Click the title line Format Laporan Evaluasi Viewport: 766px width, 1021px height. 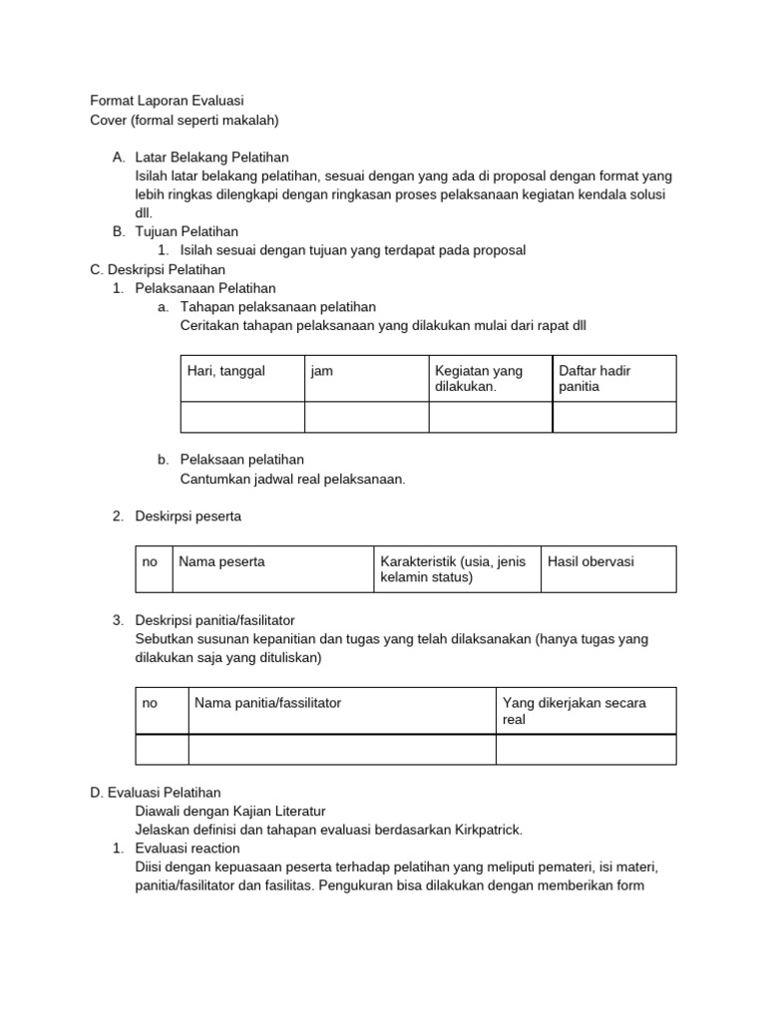pyautogui.click(x=167, y=101)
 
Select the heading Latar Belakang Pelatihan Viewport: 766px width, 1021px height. pyautogui.click(x=211, y=158)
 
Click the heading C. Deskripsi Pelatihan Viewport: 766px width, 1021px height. pyautogui.click(x=158, y=269)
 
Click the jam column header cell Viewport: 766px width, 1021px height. pyautogui.click(x=366, y=378)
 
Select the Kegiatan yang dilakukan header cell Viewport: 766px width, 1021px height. pyautogui.click(x=490, y=378)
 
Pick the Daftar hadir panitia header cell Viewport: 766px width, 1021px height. pyautogui.click(x=613, y=378)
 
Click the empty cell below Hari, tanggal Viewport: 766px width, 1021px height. pyautogui.click(x=242, y=417)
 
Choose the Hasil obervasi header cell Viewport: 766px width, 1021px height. pyautogui.click(x=607, y=568)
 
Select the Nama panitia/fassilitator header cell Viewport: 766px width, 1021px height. pyautogui.click(x=342, y=710)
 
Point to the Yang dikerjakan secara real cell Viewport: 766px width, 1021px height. pyautogui.click(x=585, y=710)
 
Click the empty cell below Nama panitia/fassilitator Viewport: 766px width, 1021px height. pyautogui.click(x=342, y=749)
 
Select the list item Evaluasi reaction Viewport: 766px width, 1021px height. pyautogui.click(x=187, y=849)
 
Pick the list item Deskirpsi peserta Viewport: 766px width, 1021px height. pyautogui.click(x=189, y=515)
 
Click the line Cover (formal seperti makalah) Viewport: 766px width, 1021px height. pyautogui.click(x=185, y=120)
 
